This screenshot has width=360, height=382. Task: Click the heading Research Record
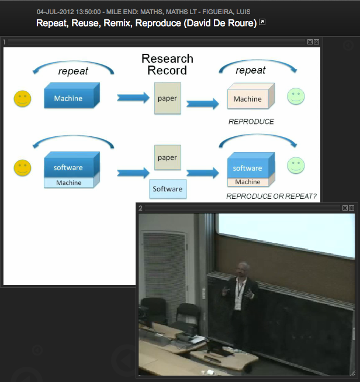tap(167, 64)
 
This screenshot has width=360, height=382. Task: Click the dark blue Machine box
tap(72, 95)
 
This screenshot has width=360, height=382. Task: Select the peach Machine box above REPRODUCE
tap(251, 96)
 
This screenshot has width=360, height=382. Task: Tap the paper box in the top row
tap(168, 98)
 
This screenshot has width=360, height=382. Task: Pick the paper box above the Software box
tap(168, 157)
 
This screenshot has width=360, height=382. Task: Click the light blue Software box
tap(168, 189)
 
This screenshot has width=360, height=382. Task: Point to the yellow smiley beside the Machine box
tap(22, 99)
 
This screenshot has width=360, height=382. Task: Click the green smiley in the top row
tap(296, 97)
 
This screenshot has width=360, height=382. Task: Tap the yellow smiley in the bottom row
tap(22, 168)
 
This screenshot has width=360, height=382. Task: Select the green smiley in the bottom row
tap(296, 166)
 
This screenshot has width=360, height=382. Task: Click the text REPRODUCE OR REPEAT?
tap(271, 197)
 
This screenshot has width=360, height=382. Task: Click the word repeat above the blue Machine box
tap(73, 71)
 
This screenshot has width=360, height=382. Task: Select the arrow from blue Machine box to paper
tap(133, 98)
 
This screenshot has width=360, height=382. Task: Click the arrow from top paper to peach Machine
tap(203, 104)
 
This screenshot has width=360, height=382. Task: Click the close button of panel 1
tap(316, 42)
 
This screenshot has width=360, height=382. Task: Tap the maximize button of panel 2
tap(345, 208)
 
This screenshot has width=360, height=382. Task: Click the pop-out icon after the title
tap(262, 22)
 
